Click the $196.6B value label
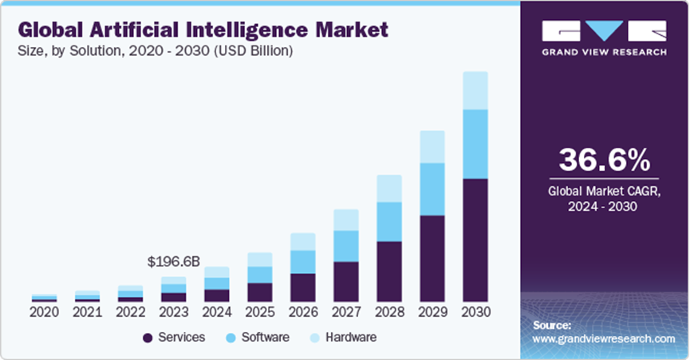[173, 262]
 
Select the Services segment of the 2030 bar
[475, 239]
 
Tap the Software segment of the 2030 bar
[475, 144]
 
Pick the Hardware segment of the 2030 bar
[475, 91]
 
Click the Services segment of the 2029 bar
[432, 259]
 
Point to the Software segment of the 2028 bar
[389, 222]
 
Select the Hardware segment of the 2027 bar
[346, 220]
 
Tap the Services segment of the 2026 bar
[303, 287]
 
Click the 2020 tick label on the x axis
[44, 312]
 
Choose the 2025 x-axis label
[259, 312]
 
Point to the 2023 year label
[173, 312]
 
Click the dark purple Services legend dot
[148, 338]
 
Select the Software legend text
[266, 337]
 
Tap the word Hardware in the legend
[351, 337]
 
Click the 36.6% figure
[604, 160]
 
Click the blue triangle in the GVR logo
[604, 30]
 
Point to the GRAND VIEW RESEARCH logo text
[604, 52]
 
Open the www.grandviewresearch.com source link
[604, 339]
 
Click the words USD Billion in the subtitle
[253, 51]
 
